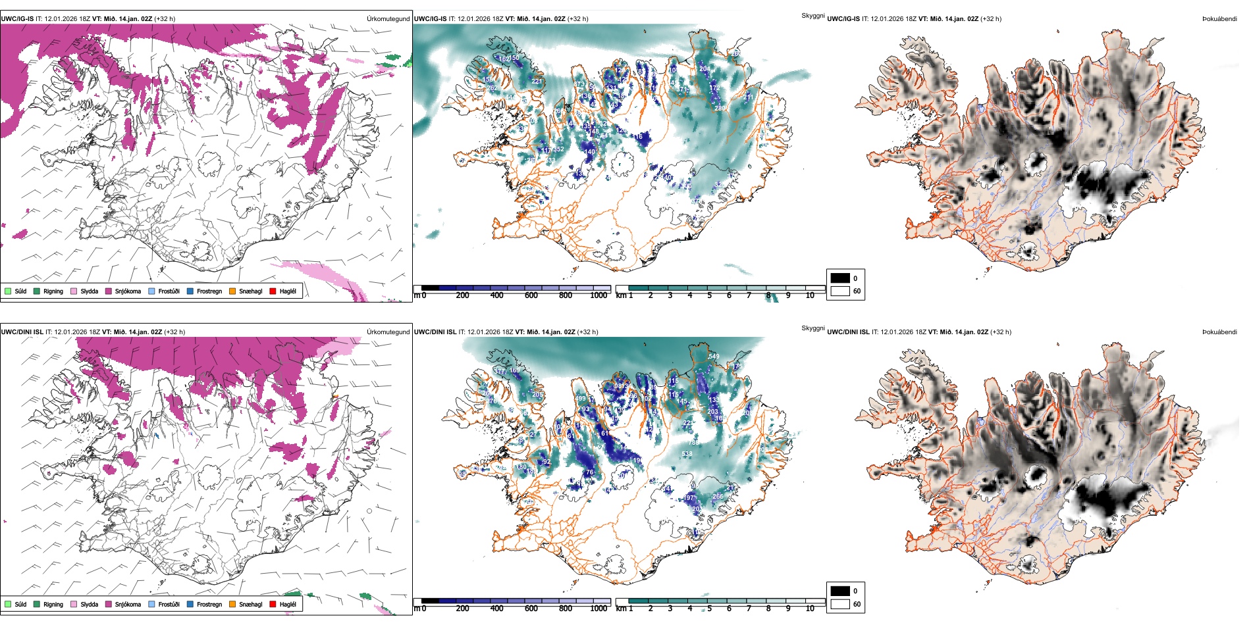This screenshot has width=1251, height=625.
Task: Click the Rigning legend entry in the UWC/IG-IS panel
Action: [49, 291]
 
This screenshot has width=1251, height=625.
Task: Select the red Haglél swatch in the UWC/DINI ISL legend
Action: [273, 604]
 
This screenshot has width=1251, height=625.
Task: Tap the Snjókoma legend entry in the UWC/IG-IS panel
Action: [123, 291]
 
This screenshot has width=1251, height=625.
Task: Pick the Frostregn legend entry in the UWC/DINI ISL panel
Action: [205, 604]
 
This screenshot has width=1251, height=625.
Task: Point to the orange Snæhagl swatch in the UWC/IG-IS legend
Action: [232, 291]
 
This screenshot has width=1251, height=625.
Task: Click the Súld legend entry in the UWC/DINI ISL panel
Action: [16, 604]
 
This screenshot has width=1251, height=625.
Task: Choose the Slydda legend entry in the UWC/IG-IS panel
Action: [84, 291]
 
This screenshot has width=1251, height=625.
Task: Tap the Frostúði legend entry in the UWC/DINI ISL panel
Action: [164, 604]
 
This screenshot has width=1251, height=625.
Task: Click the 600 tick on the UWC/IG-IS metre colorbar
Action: [531, 295]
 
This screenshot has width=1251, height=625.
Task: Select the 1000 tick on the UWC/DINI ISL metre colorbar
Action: [599, 609]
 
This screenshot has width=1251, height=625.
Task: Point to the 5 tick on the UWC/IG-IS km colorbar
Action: [710, 295]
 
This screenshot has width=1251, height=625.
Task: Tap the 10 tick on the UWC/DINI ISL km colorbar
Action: [810, 609]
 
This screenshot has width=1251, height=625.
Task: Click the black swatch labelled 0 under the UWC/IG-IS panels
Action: [840, 278]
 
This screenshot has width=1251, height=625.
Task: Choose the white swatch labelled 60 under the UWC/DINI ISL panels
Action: [840, 604]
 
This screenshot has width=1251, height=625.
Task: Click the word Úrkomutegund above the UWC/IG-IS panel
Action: [388, 19]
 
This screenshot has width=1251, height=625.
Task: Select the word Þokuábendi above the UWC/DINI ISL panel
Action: [1219, 332]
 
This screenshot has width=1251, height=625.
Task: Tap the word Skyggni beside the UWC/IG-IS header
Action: [812, 16]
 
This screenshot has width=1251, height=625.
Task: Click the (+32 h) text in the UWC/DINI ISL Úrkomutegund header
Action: [174, 332]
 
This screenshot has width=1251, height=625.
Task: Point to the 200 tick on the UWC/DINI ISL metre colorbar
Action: [463, 609]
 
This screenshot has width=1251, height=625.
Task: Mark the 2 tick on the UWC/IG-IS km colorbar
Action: [651, 295]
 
